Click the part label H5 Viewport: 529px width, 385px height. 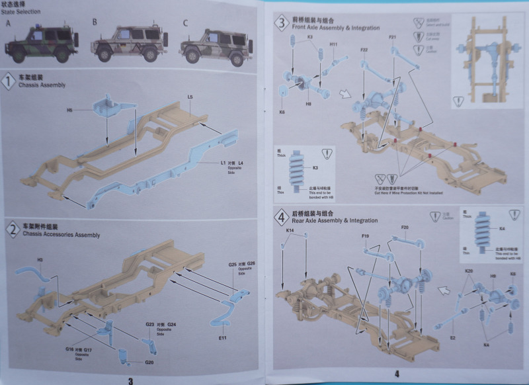(x=70, y=110)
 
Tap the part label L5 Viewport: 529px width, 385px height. (x=190, y=98)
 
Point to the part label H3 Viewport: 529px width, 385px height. (x=40, y=260)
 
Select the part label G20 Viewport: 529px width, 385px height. (x=149, y=362)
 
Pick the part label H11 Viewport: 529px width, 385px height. (x=334, y=44)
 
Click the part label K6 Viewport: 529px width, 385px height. (x=282, y=113)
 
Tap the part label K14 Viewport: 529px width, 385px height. (x=290, y=230)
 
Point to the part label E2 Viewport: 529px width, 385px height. (x=452, y=337)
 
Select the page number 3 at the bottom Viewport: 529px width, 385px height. (x=130, y=380)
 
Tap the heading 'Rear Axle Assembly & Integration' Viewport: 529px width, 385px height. (x=335, y=220)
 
